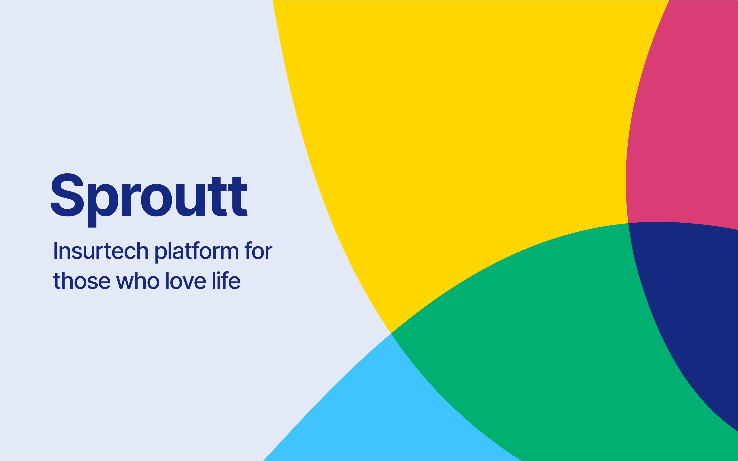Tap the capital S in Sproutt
click(67, 195)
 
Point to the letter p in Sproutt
click(103, 206)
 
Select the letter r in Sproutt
click(131, 200)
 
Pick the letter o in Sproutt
click(156, 200)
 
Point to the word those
click(82, 280)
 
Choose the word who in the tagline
click(138, 280)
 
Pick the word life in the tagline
click(226, 280)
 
